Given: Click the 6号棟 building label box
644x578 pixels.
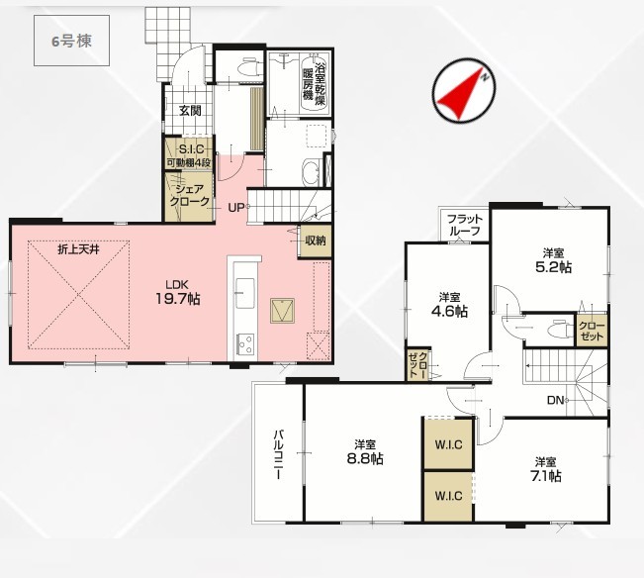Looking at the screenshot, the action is point(71,41).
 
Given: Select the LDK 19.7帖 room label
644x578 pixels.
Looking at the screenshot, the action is point(177,293).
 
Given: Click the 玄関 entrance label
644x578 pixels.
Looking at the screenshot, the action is point(190,110).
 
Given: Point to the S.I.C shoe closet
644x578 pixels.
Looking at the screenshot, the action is point(189,152).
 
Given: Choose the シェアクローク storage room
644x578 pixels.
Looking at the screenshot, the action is point(189,196).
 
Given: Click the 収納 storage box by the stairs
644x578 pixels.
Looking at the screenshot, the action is point(316,241).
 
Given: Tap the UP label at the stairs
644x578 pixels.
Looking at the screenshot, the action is point(236,208).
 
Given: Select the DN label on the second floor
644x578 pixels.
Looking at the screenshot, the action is point(555,400).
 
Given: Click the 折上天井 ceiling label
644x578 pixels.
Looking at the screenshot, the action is point(78,249).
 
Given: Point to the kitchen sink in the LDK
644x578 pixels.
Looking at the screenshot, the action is point(244,293).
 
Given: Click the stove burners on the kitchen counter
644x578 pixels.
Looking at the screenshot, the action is point(245,343).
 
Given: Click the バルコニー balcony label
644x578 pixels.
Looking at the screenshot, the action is point(278,454).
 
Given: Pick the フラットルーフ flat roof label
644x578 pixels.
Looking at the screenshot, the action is point(464,225).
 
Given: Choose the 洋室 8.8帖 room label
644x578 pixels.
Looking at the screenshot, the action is point(365,452).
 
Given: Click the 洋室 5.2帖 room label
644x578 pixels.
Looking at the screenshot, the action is point(553,261).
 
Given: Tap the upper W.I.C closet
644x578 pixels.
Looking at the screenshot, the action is point(448,444).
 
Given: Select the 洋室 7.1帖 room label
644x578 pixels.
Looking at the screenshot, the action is point(545,469).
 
